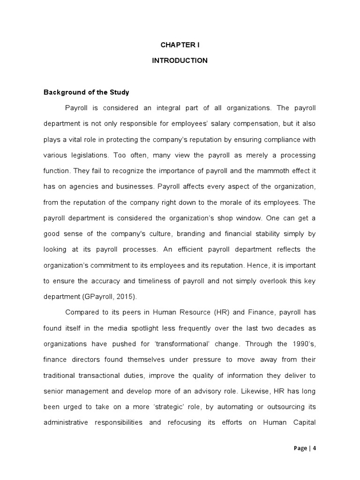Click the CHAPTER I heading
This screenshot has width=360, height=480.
coord(180,45)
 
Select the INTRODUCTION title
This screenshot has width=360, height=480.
coord(180,60)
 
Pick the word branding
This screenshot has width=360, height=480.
coord(172,233)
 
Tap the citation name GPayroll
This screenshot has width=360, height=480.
coord(102,296)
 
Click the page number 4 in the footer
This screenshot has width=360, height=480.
coord(315,448)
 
